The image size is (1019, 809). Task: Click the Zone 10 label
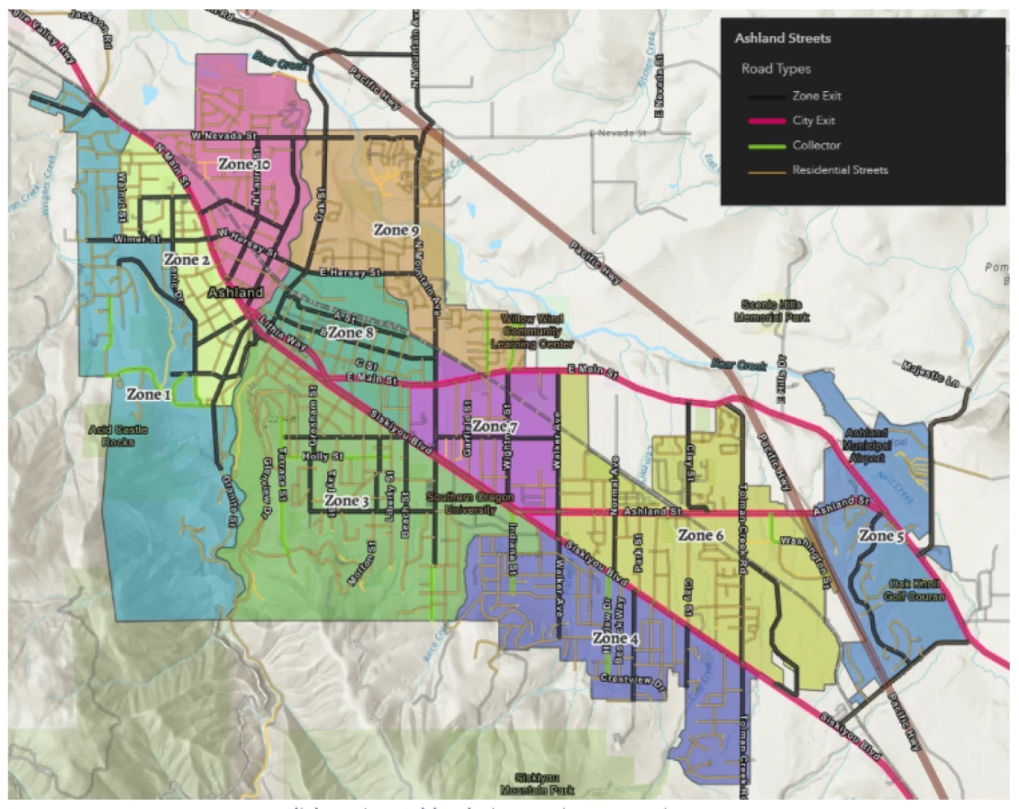[243, 165]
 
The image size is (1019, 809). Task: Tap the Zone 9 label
[396, 230]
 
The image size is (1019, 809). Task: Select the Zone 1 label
[149, 394]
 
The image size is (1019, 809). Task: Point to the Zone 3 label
[346, 501]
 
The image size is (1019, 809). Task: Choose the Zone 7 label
[495, 427]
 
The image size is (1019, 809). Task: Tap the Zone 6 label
[701, 535]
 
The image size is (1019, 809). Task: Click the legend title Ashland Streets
[782, 39]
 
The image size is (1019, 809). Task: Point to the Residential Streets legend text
[840, 170]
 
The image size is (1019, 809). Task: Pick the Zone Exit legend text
[816, 96]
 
